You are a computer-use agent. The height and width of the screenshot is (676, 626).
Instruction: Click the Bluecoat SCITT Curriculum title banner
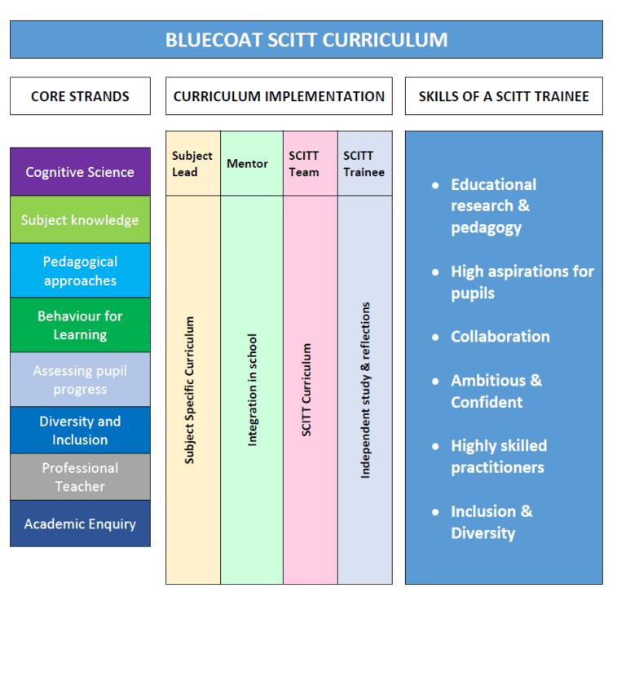(306, 39)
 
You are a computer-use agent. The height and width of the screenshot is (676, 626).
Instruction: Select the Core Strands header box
(80, 96)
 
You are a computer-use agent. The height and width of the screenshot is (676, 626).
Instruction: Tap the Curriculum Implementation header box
(279, 96)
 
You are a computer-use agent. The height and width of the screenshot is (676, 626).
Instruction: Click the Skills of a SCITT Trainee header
(504, 96)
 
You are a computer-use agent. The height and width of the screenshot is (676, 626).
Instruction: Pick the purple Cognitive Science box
(80, 172)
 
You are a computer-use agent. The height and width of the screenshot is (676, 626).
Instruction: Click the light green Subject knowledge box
(80, 220)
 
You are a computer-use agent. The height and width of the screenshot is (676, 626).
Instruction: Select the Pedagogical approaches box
(80, 271)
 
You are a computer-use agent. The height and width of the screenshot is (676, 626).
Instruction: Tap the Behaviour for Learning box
(80, 325)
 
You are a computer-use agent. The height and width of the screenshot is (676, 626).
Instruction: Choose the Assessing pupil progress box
(80, 380)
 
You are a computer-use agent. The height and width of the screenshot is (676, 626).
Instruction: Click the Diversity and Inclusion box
(80, 431)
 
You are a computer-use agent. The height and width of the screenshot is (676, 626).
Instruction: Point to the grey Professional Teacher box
(80, 477)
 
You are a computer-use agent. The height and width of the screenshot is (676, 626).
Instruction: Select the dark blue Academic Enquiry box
(80, 524)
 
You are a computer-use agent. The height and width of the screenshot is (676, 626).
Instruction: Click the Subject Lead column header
(192, 164)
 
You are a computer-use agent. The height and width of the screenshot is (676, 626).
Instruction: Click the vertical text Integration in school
(252, 390)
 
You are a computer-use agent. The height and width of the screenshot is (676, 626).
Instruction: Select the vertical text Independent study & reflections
(365, 390)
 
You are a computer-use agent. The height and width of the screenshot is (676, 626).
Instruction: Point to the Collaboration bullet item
(500, 337)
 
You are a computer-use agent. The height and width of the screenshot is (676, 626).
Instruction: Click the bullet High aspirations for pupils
(522, 282)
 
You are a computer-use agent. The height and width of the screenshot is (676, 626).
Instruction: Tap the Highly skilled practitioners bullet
(498, 457)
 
